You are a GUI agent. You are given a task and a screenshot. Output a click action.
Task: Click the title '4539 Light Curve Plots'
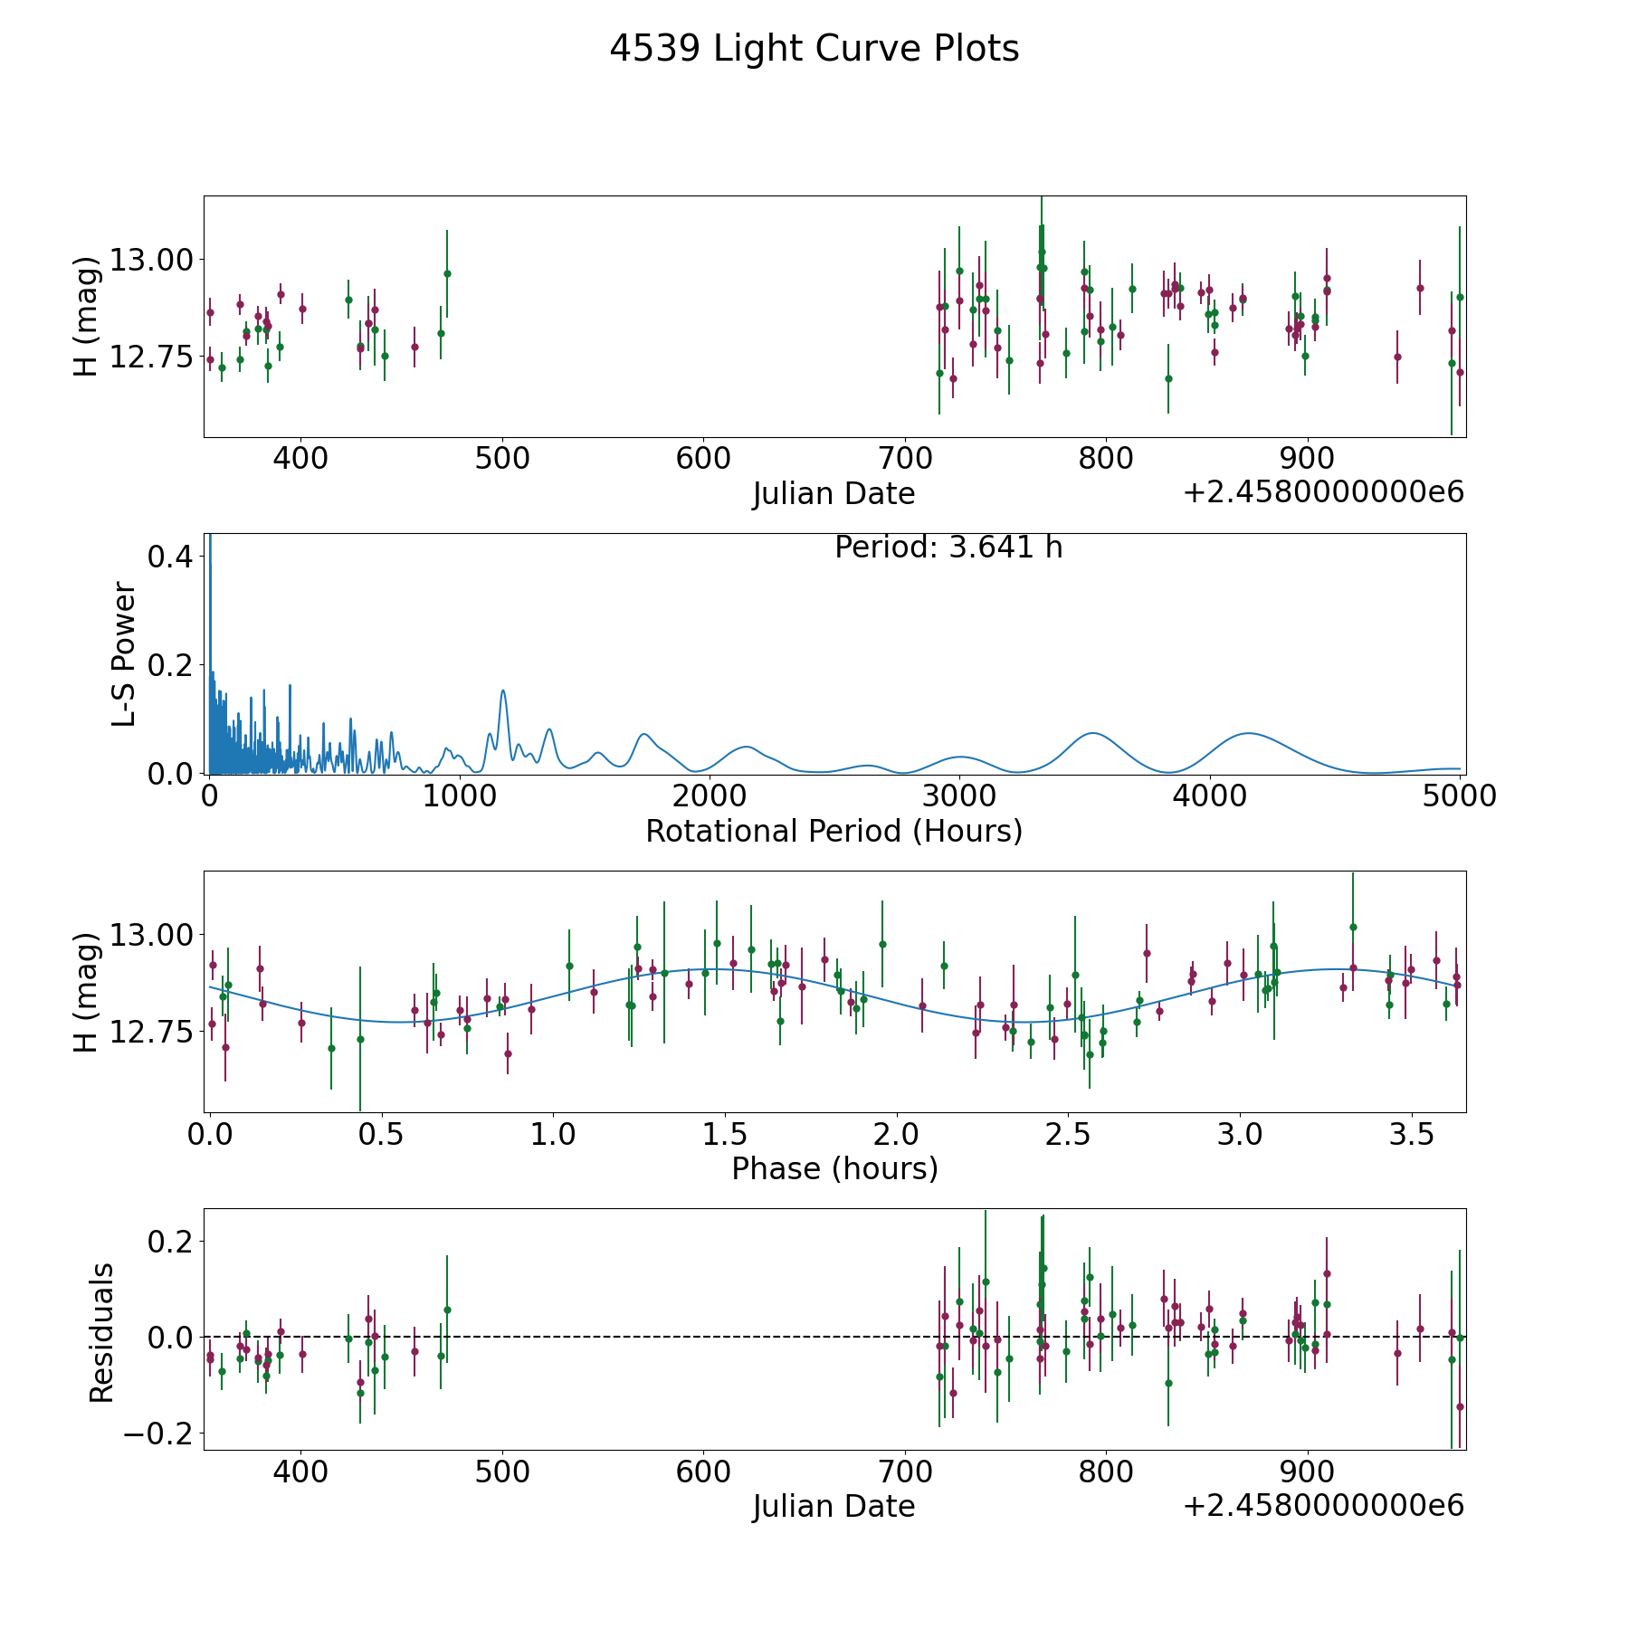click(814, 49)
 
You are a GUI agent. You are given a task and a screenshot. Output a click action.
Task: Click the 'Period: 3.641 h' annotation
click(948, 548)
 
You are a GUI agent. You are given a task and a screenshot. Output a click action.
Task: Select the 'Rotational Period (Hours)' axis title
click(834, 831)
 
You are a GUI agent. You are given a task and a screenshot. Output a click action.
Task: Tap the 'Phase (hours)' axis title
click(834, 1168)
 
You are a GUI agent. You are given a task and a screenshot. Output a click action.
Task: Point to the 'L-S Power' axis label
click(124, 653)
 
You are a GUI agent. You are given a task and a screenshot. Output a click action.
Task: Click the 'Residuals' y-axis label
click(101, 1332)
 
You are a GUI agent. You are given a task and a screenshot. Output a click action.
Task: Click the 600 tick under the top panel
click(703, 459)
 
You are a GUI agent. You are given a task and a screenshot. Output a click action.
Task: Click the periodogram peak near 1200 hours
click(503, 692)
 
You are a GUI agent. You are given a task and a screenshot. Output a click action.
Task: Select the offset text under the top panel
click(1322, 492)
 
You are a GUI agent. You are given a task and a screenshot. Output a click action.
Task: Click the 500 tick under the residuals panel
click(501, 1472)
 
